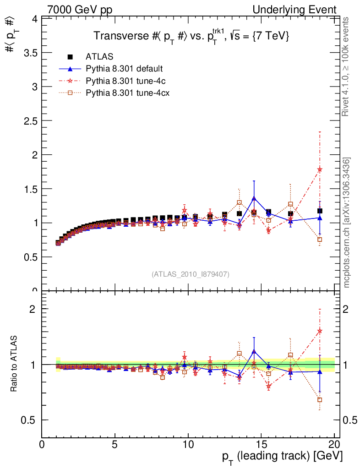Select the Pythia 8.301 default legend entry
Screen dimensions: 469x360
(x=124, y=69)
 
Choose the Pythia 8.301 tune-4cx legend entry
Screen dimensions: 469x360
(x=125, y=93)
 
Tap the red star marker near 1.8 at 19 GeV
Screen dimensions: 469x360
(x=320, y=169)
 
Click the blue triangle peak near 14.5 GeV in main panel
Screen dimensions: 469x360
(x=254, y=198)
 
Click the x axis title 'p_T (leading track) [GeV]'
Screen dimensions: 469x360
(x=282, y=457)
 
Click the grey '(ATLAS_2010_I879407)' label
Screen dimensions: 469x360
(x=191, y=274)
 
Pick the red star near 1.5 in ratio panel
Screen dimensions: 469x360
(x=320, y=331)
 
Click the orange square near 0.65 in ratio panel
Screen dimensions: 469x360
(x=320, y=400)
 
